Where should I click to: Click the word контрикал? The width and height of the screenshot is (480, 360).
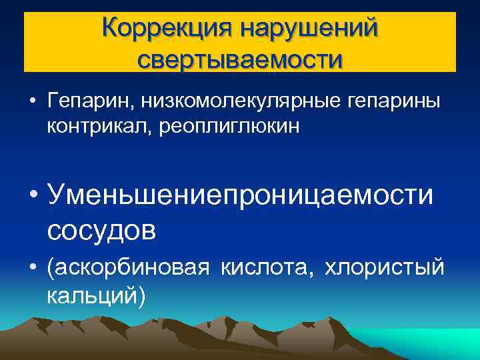[x=100, y=125]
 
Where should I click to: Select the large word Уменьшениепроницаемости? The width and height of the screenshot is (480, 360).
[x=240, y=194]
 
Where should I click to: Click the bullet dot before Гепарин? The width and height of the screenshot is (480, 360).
[x=31, y=102]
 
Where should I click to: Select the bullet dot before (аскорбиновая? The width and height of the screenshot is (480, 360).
[x=31, y=269]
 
